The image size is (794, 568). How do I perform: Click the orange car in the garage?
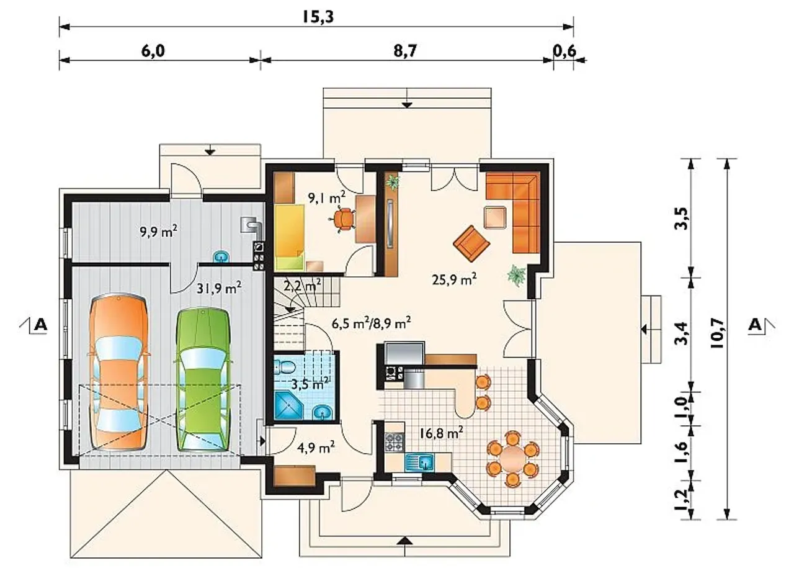pyautogui.click(x=118, y=372)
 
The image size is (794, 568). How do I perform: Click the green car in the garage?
pyautogui.click(x=203, y=380)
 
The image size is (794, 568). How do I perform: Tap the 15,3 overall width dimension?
pyautogui.click(x=318, y=17)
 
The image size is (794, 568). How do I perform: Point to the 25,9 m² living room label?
pyautogui.click(x=454, y=279)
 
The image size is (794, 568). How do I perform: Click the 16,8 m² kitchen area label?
pyautogui.click(x=441, y=433)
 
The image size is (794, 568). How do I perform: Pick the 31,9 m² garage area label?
pyautogui.click(x=219, y=288)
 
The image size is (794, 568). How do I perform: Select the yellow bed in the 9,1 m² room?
pyautogui.click(x=290, y=237)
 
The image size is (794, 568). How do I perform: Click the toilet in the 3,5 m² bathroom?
pyautogui.click(x=284, y=366)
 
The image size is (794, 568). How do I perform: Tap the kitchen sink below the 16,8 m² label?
pyautogui.click(x=421, y=462)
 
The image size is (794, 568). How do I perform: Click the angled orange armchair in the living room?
pyautogui.click(x=471, y=243)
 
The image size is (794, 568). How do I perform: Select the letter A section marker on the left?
pyautogui.click(x=41, y=324)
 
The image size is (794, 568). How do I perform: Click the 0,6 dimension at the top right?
pyautogui.click(x=564, y=52)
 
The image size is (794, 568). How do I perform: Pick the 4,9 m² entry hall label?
pyautogui.click(x=316, y=448)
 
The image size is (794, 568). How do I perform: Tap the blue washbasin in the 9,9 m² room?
pyautogui.click(x=221, y=256)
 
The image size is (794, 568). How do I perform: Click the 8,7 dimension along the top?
pyautogui.click(x=404, y=52)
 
